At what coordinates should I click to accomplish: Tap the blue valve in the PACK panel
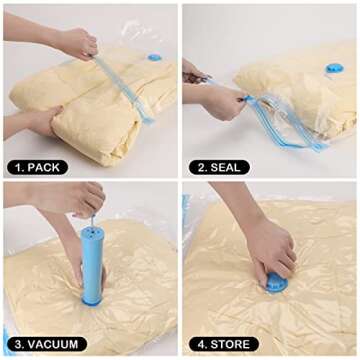155,57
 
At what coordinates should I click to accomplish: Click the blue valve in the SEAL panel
334,67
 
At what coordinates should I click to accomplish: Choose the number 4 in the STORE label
194,344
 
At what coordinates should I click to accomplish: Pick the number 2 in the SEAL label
194,167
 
